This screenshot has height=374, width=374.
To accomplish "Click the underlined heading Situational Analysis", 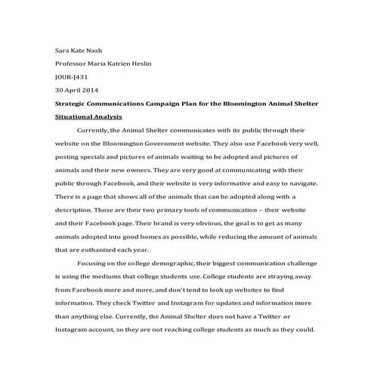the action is [88, 117].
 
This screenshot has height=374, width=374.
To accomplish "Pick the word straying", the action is [282, 277].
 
